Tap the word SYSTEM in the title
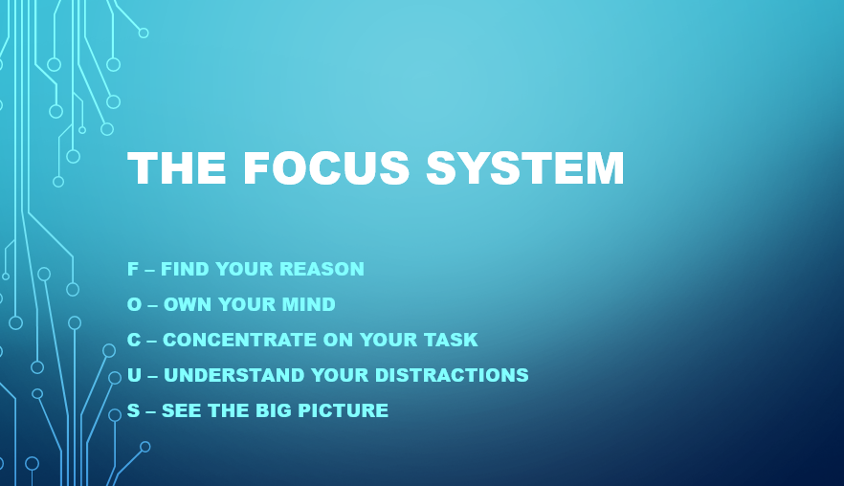(525, 168)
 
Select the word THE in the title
(177, 168)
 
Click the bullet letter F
(133, 269)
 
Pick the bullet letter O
(134, 304)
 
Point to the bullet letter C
(134, 340)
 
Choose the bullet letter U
(134, 375)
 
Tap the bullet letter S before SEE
(133, 410)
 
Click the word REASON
(326, 269)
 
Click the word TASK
(454, 340)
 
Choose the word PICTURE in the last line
(348, 410)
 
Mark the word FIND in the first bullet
(182, 269)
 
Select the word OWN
(184, 304)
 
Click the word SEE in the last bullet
(179, 410)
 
